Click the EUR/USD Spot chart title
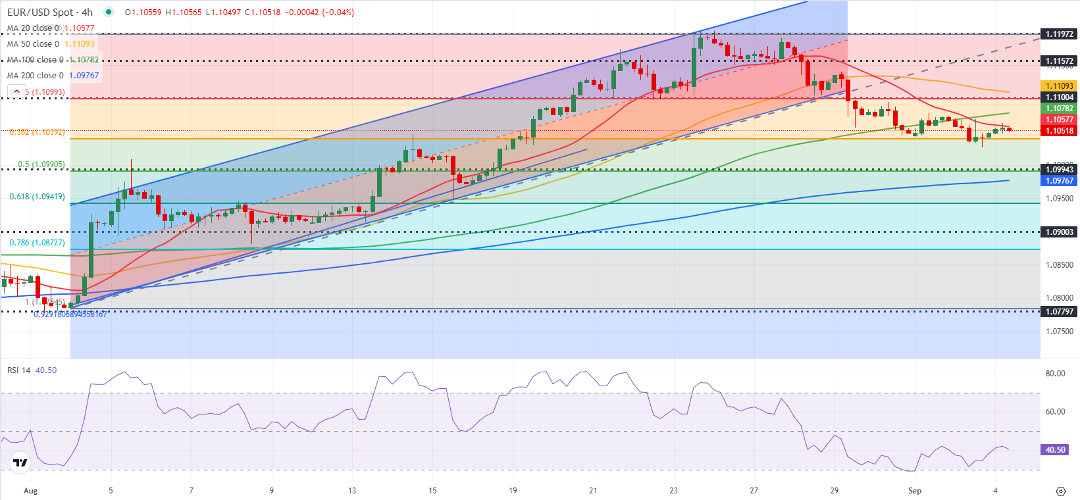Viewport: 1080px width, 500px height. click(49, 12)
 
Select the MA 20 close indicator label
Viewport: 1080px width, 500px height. click(33, 28)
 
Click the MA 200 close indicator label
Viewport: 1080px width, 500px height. click(33, 76)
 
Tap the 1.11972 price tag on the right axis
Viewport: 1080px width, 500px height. click(1059, 34)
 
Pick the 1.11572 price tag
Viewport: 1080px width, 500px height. click(1059, 61)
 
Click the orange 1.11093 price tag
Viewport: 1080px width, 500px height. click(1059, 86)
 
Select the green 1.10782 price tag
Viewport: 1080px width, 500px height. click(1059, 109)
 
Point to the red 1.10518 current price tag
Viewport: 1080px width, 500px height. click(1059, 131)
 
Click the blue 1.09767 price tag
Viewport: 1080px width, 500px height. click(1059, 181)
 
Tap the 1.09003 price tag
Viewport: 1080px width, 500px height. click(1059, 232)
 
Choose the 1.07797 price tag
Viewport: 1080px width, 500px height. click(1059, 312)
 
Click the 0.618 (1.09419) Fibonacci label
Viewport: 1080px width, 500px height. click(37, 197)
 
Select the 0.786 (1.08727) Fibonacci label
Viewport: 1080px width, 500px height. click(37, 243)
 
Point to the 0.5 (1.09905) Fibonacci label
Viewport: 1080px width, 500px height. click(41, 164)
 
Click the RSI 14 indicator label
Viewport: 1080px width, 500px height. click(19, 370)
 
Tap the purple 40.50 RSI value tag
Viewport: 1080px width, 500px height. click(1055, 450)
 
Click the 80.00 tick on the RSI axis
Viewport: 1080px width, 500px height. click(1055, 374)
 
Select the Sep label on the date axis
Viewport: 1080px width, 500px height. click(914, 491)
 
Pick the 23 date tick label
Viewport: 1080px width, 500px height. click(673, 491)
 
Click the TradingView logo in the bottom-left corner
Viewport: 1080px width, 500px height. click(20, 463)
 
